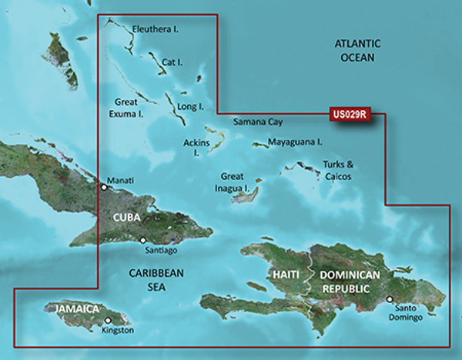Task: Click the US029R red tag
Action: pyautogui.click(x=350, y=115)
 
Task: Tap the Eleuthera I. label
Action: pyautogui.click(x=156, y=29)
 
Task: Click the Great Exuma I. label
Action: pyautogui.click(x=130, y=108)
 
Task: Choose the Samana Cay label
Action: pyautogui.click(x=259, y=122)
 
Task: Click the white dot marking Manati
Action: pyautogui.click(x=104, y=185)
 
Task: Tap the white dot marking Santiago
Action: pyautogui.click(x=142, y=240)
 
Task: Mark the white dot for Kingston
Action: pyautogui.click(x=108, y=321)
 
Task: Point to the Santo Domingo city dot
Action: pyautogui.click(x=390, y=300)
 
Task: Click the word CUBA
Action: pyautogui.click(x=126, y=218)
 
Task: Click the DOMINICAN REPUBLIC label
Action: pyautogui.click(x=350, y=281)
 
